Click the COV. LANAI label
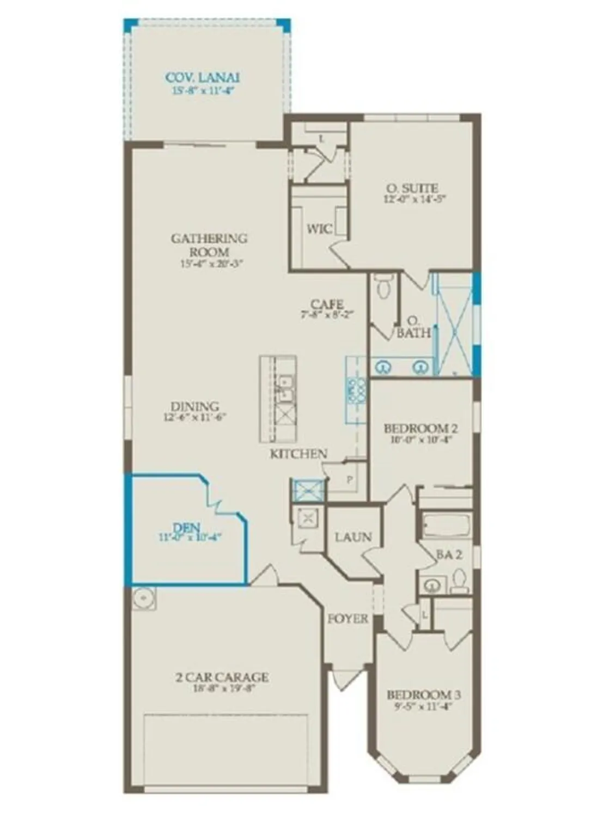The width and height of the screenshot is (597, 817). click(x=202, y=77)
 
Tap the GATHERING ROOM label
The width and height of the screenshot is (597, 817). click(x=209, y=245)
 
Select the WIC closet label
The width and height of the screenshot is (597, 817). click(x=319, y=229)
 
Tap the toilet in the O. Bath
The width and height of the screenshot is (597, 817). click(x=385, y=285)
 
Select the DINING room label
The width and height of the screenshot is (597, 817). click(x=194, y=406)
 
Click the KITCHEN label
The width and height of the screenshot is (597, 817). click(x=298, y=454)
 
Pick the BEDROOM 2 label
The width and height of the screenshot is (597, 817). click(x=421, y=429)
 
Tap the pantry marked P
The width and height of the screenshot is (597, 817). click(x=349, y=480)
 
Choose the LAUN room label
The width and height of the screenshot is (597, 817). click(x=353, y=537)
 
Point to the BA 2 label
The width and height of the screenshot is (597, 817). click(x=449, y=554)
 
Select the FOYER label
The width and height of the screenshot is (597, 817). click(x=348, y=619)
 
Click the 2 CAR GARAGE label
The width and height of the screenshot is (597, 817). click(x=222, y=678)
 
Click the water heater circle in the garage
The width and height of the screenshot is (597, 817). click(x=143, y=597)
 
